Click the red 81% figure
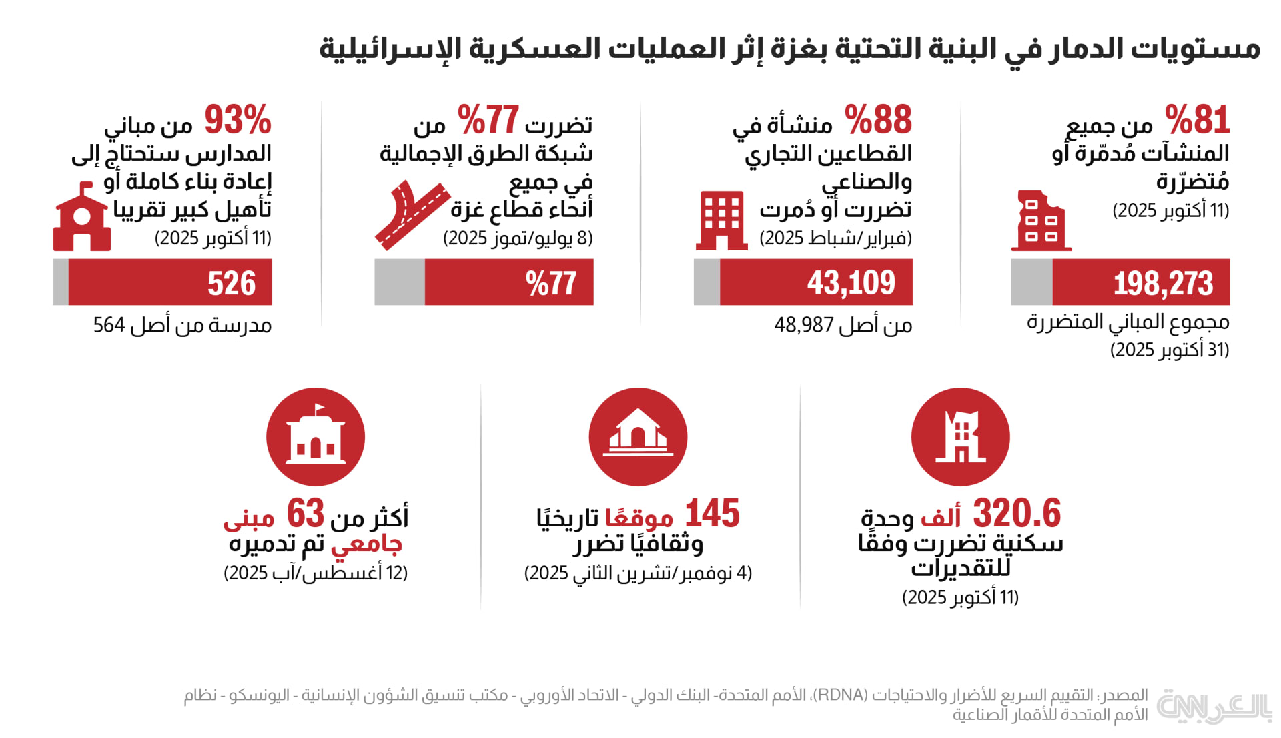pos(1197,120)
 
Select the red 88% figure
pos(878,120)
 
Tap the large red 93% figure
pos(238,120)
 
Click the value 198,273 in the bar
pos(1162,283)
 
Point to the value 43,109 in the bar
pos(851,283)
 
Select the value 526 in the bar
pos(231,283)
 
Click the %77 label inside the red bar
pos(550,283)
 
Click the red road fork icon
pos(411,215)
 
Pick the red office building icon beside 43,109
pos(721,220)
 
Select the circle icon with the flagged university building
pos(315,437)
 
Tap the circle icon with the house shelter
pos(638,437)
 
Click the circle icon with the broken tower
pos(960,437)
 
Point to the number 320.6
pos(1016,514)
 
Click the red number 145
pos(712,514)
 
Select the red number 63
pos(305,514)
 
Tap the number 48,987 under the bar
pos(803,326)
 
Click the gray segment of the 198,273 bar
pos(1031,282)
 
